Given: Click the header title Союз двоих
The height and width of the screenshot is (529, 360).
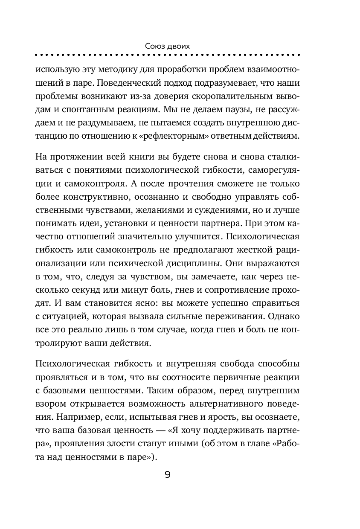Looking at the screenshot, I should tap(167, 45).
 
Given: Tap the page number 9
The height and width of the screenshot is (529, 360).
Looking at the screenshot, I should tap(167, 474).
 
